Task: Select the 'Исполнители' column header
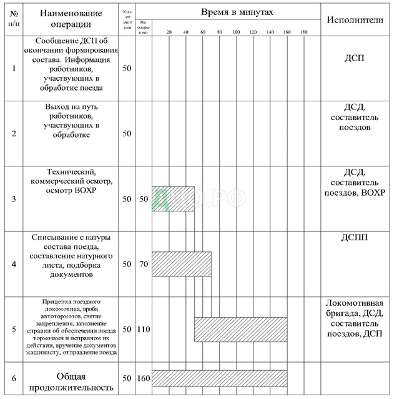pyautogui.click(x=355, y=19)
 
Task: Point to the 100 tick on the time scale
pyautogui.click(x=236, y=31)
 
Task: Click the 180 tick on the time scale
pyautogui.click(x=303, y=31)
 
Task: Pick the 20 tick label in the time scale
pyautogui.click(x=169, y=31)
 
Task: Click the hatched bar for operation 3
pyautogui.click(x=173, y=199)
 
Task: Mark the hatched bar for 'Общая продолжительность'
pyautogui.click(x=219, y=379)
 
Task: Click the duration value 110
pyautogui.click(x=143, y=329)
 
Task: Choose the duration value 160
pyautogui.click(x=143, y=380)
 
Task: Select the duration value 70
pyautogui.click(x=143, y=265)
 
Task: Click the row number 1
pyautogui.click(x=14, y=67)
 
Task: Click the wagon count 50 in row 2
pyautogui.click(x=127, y=133)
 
